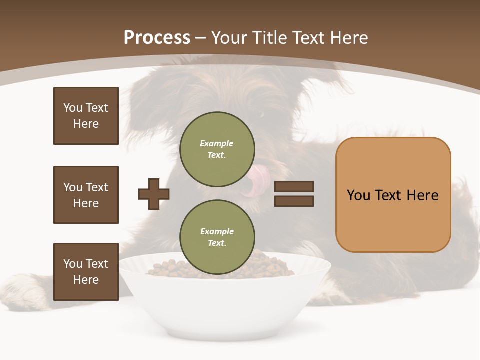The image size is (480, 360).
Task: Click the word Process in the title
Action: (x=157, y=38)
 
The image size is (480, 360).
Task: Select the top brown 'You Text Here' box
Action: (x=86, y=116)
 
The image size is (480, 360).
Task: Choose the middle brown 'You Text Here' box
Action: (x=86, y=195)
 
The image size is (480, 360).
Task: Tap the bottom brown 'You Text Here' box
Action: (x=86, y=272)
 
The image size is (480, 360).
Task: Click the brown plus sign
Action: (x=154, y=194)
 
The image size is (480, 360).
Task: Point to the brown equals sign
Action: (x=294, y=194)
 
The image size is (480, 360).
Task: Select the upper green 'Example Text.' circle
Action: (x=217, y=149)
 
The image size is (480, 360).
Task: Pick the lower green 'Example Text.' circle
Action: (x=217, y=237)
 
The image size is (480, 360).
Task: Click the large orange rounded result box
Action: (x=393, y=195)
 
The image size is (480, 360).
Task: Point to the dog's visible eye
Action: (x=260, y=114)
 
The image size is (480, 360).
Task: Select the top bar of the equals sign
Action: (x=294, y=187)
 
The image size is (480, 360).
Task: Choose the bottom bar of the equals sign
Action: (x=294, y=201)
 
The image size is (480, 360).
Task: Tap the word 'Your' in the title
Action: (x=229, y=38)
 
